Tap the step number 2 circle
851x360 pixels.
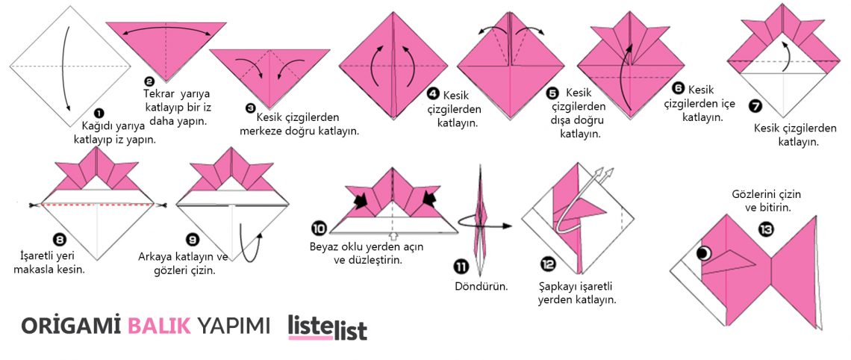pyautogui.click(x=149, y=81)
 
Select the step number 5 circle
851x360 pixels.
pyautogui.click(x=552, y=93)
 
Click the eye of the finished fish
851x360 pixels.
pyautogui.click(x=702, y=253)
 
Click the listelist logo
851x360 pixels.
pyautogui.click(x=328, y=327)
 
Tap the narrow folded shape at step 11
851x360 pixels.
pyautogui.click(x=480, y=217)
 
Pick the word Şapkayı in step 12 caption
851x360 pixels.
pyautogui.click(x=558, y=286)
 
